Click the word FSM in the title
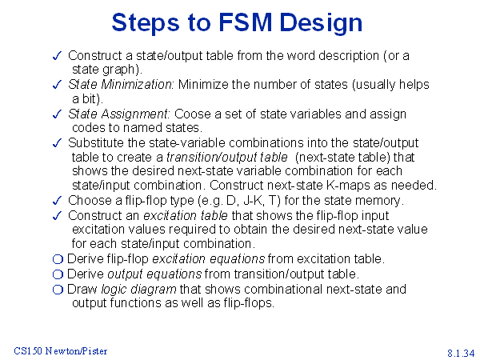(246, 22)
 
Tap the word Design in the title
(321, 23)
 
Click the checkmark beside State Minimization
(58, 85)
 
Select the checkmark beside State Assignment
(58, 114)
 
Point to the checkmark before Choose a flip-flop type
(58, 201)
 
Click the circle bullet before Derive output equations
(58, 274)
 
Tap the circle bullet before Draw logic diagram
(58, 290)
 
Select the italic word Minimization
(137, 85)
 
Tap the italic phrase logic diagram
(138, 290)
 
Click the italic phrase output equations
(154, 274)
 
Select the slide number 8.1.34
(461, 353)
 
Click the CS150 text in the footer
(28, 351)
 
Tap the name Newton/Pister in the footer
(76, 351)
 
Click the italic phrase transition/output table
(227, 158)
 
